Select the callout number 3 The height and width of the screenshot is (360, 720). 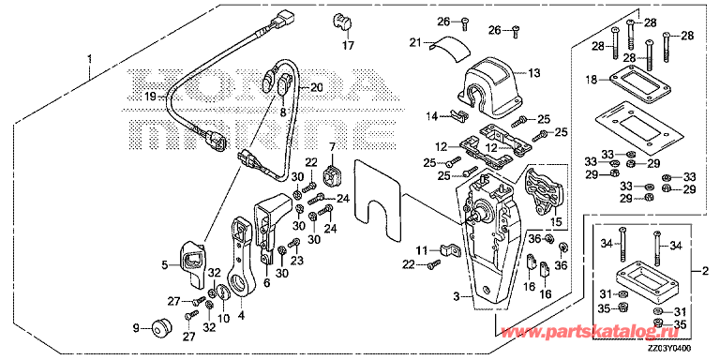tap(455, 297)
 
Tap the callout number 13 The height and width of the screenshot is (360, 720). tap(533, 73)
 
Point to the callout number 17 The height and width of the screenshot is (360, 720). tap(347, 44)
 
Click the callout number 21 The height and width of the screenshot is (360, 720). tap(415, 42)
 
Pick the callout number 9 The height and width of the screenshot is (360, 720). tap(136, 328)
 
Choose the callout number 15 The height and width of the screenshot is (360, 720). tap(554, 222)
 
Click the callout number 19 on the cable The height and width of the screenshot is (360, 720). tap(149, 97)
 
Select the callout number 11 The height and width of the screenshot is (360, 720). tap(422, 249)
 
